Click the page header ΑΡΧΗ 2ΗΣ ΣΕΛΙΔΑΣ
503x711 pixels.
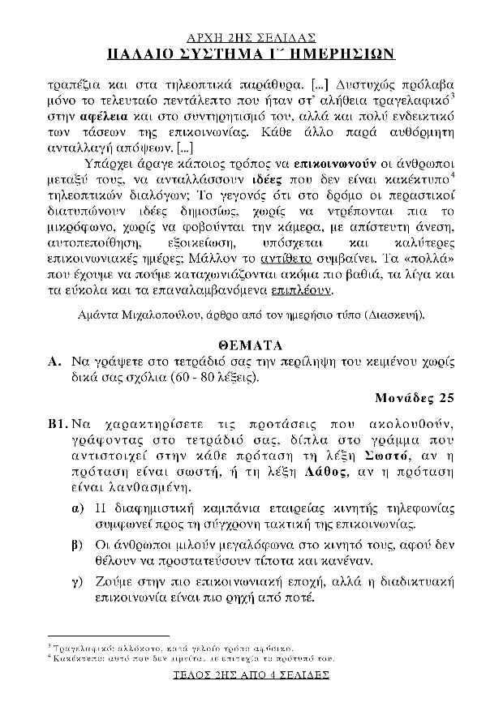[x=251, y=38]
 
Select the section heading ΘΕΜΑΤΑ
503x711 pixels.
[x=251, y=346]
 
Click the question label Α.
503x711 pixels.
[x=54, y=362]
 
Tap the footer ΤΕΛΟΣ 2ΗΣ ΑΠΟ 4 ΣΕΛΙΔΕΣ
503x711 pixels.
[x=251, y=674]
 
